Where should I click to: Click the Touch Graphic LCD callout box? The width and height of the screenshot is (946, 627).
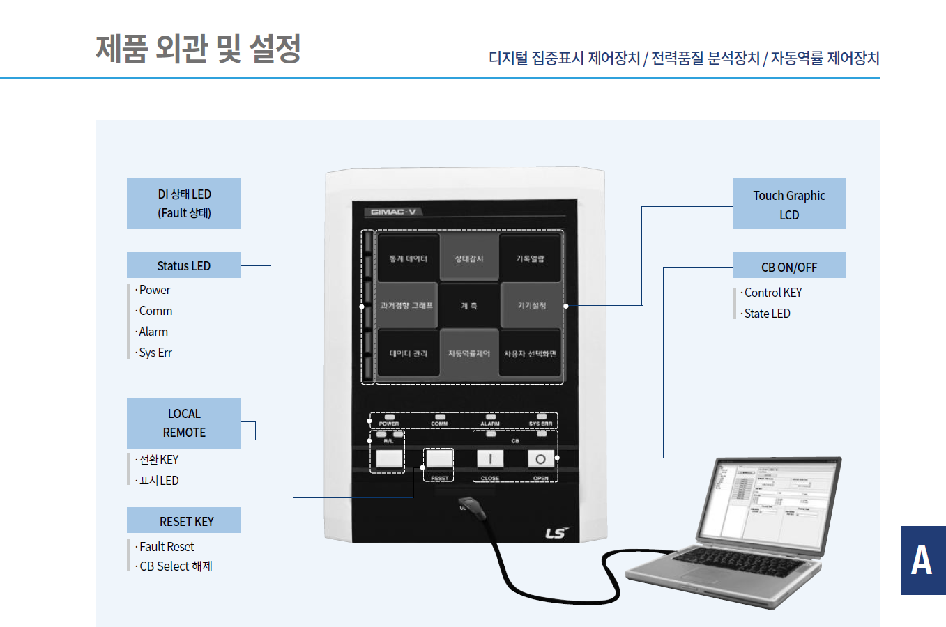coord(789,203)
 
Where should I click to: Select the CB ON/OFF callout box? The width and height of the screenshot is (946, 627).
coord(789,265)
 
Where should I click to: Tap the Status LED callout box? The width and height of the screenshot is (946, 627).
coord(183,265)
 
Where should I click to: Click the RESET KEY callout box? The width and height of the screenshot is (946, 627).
coord(184,520)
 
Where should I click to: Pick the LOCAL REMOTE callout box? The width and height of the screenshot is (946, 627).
coord(184,423)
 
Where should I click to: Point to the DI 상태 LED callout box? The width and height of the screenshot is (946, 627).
coord(184,203)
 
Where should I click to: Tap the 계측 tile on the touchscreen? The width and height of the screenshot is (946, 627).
coord(469,306)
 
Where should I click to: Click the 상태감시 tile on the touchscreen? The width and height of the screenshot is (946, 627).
coord(469,258)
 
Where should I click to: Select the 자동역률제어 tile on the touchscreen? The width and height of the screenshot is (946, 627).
coord(469,354)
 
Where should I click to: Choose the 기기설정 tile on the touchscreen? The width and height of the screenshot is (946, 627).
coord(531,306)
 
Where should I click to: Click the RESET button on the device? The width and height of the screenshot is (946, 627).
coord(439,458)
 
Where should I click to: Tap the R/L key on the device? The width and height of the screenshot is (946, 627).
coord(389,458)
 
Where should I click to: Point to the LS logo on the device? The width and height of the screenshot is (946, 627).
coord(556,533)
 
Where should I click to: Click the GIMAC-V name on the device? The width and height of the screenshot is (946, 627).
coord(394,212)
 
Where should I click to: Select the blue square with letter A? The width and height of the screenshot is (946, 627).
coord(923,560)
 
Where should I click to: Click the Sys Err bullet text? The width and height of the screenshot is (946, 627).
coord(155,353)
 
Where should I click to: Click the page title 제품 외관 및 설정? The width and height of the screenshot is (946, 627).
coord(198,49)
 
